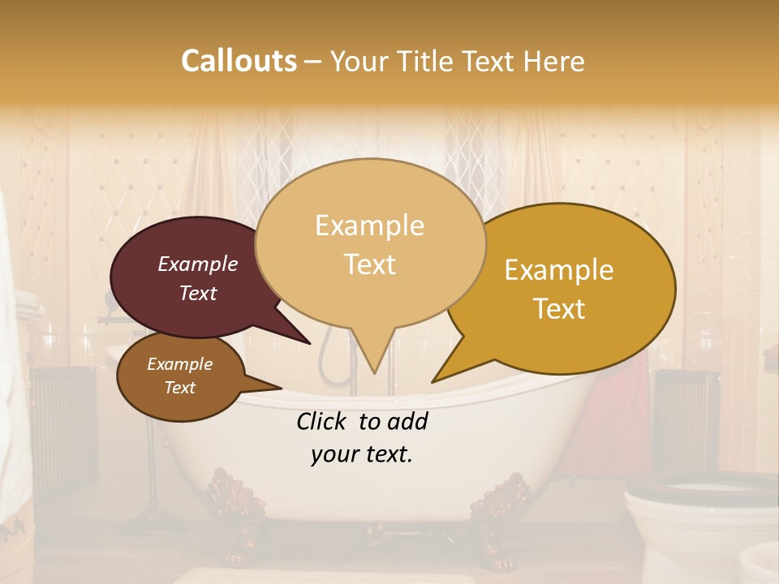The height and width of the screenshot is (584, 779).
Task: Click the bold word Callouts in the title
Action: [x=239, y=61]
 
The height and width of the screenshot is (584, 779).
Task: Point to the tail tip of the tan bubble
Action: [x=374, y=371]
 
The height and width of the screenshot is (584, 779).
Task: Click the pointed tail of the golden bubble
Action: [x=436, y=380]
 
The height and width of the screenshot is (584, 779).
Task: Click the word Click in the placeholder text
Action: [x=324, y=421]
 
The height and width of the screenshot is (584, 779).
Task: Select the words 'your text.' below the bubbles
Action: [x=362, y=454]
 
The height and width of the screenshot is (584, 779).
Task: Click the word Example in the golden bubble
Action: [x=559, y=270]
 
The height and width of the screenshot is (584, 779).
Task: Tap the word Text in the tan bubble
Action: [x=370, y=264]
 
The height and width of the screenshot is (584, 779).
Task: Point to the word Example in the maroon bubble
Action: [x=198, y=264]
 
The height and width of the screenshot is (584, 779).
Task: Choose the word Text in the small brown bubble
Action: [x=180, y=388]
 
